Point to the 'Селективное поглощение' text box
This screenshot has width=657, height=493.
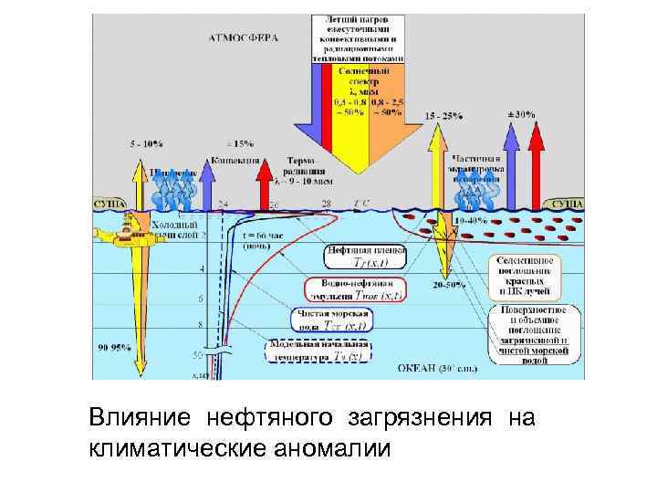click(524, 275)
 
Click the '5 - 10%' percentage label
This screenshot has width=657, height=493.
click(146, 143)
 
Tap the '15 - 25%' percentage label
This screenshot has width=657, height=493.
click(444, 117)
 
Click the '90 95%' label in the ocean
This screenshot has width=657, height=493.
click(114, 347)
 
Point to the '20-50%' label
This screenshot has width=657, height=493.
click(446, 285)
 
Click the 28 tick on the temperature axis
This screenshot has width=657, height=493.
click(326, 203)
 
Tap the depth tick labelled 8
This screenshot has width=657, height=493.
click(200, 323)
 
